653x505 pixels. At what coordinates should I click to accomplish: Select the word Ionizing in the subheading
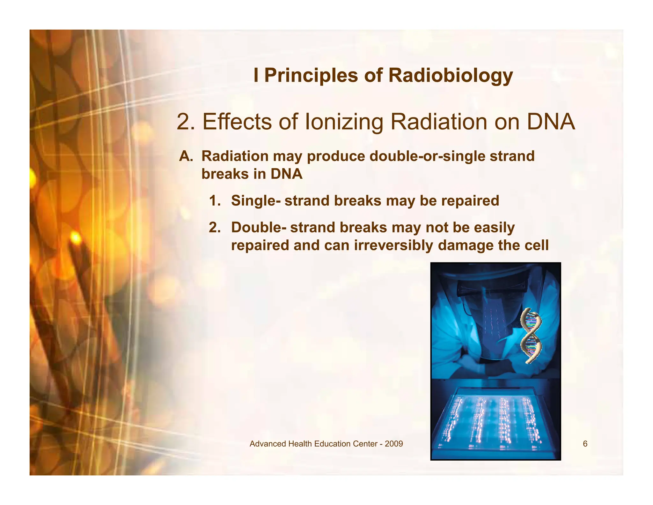pos(344,122)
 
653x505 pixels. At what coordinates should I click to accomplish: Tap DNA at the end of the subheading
pos(551,122)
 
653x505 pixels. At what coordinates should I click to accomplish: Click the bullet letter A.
pos(186,156)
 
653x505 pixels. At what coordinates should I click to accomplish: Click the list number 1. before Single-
pos(215,201)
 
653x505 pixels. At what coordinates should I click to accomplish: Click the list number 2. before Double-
pos(215,228)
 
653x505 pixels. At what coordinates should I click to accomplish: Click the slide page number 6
pos(585,444)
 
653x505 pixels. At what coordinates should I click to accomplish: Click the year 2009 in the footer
pos(394,444)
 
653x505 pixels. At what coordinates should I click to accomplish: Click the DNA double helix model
pos(531,336)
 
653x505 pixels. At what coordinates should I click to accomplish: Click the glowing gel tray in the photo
pos(495,421)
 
